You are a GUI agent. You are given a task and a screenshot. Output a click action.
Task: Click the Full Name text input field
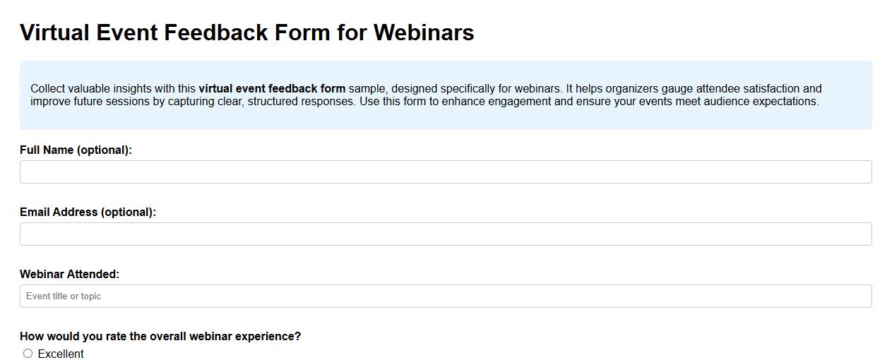(x=446, y=172)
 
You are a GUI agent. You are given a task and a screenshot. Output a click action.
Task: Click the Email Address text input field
(x=446, y=234)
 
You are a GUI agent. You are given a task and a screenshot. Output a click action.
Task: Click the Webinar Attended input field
(x=446, y=296)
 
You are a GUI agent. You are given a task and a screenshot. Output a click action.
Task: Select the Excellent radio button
(x=28, y=354)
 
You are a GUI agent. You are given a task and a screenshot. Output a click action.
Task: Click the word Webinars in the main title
(x=424, y=32)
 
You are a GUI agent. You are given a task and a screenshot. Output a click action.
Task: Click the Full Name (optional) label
(x=76, y=150)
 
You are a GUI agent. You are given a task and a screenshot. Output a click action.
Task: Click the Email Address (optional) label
(x=88, y=212)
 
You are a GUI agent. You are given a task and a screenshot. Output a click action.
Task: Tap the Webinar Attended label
(x=69, y=274)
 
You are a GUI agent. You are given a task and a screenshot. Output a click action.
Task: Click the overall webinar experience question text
(x=160, y=336)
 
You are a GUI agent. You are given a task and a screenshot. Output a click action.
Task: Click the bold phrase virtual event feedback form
(x=272, y=89)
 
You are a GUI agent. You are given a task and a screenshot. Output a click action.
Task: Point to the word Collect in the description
(x=49, y=89)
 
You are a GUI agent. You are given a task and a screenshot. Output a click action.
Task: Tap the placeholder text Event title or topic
(x=64, y=296)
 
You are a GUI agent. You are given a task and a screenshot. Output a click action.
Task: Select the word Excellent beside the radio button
(x=61, y=354)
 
